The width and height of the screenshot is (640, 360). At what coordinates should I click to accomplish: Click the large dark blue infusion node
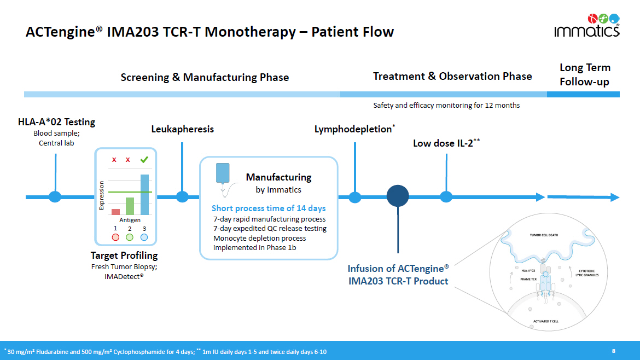pos(398,196)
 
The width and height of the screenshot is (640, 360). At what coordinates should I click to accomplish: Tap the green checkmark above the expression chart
pos(144,160)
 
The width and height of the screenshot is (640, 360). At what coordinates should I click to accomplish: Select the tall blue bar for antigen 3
pos(144,194)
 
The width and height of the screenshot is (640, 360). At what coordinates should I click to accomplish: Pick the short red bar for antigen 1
pos(115,212)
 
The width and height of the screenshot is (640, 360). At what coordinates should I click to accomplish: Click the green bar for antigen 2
pos(130,206)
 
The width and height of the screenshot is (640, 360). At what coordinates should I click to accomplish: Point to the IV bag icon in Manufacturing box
pos(223,174)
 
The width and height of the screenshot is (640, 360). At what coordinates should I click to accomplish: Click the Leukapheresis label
pos(182,129)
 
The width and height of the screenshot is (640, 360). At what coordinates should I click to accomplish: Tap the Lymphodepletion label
pos(353,129)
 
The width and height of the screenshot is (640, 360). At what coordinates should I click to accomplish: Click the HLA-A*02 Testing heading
pos(56,122)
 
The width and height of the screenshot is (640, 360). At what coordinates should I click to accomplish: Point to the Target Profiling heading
pos(124,256)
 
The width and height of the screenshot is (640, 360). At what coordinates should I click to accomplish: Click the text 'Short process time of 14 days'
pos(269,208)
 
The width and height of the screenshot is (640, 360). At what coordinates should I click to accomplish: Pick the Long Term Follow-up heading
pos(585,75)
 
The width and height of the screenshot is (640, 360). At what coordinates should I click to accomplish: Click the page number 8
pos(614,351)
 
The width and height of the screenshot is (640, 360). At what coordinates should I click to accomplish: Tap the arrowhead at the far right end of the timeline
pos(615,197)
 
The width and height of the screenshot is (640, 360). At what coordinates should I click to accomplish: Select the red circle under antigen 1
pos(115,237)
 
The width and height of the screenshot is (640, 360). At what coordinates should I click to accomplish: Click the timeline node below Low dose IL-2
pos(446,197)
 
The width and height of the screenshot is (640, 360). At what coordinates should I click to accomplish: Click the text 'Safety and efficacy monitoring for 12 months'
pos(446,105)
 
